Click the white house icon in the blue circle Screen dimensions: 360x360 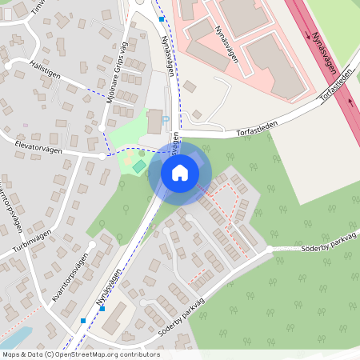(x=179, y=172)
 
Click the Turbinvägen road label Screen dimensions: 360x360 (x=32, y=238)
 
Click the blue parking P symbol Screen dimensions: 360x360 (x=166, y=121)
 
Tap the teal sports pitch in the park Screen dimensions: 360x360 (x=139, y=166)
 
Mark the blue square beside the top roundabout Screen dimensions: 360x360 (x=162, y=18)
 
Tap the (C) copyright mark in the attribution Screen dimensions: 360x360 (x=49, y=354)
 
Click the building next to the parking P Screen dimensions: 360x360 (x=154, y=121)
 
